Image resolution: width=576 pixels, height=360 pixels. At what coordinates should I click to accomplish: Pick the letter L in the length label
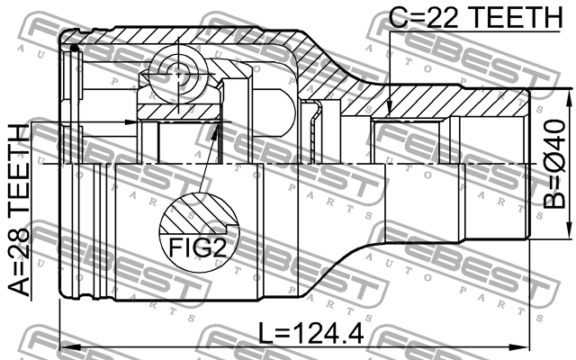262,334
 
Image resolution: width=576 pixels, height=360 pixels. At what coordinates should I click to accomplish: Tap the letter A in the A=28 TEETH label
18,287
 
